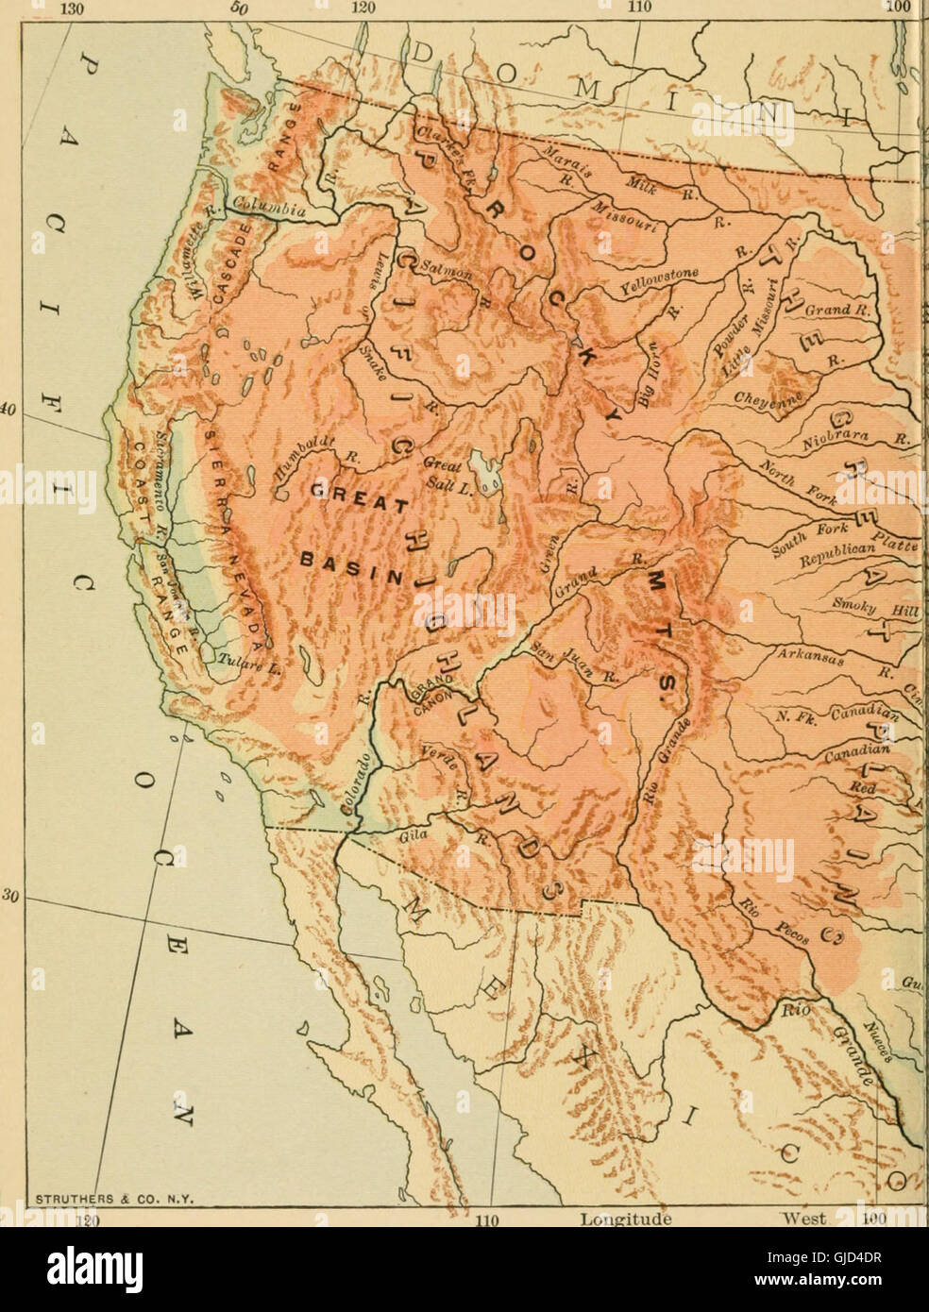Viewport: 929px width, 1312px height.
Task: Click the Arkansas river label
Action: pyautogui.click(x=807, y=655)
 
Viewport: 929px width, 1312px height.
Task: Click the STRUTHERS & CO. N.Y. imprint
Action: pyautogui.click(x=114, y=1200)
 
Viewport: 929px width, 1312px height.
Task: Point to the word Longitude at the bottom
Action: pyautogui.click(x=626, y=1219)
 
